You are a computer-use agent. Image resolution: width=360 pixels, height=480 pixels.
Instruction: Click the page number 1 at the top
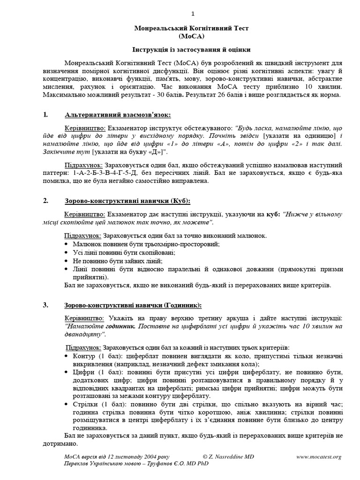(x=180, y=12)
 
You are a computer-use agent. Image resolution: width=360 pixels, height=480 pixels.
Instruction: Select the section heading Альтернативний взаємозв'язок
(x=118, y=115)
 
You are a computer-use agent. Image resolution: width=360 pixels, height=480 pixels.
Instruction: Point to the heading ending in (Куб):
(x=127, y=201)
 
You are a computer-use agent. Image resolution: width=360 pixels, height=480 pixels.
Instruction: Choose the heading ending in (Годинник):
(x=133, y=305)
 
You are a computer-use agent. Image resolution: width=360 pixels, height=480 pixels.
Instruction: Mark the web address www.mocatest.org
(x=319, y=457)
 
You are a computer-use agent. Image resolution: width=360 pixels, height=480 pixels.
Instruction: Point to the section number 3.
(x=45, y=305)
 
